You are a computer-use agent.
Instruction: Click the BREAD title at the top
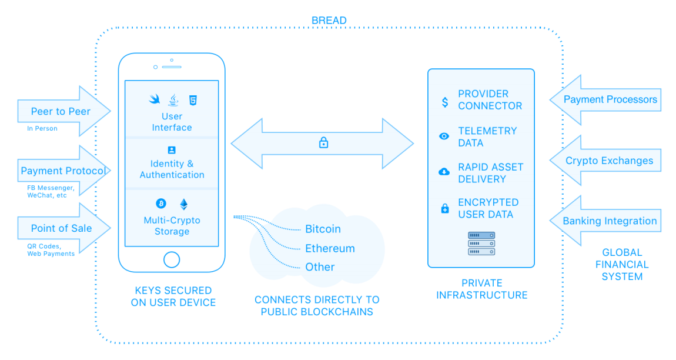(x=329, y=21)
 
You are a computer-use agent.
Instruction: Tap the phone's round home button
(x=172, y=259)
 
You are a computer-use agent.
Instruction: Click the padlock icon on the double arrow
(x=323, y=142)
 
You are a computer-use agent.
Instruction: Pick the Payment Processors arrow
(x=608, y=99)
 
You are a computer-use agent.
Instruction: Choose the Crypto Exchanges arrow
(x=608, y=161)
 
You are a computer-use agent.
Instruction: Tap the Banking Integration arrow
(x=608, y=221)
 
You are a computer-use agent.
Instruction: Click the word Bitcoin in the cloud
(x=323, y=229)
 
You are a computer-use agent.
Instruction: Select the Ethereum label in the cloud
(x=330, y=248)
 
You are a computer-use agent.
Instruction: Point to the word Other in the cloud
(x=320, y=267)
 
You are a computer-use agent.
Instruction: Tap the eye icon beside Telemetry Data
(x=444, y=136)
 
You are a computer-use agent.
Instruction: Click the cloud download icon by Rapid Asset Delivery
(x=444, y=172)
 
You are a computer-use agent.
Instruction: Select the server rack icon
(x=481, y=243)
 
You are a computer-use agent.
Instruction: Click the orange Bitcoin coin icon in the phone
(x=161, y=204)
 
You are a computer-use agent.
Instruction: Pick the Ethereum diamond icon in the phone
(x=184, y=204)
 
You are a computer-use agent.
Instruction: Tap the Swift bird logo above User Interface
(x=155, y=99)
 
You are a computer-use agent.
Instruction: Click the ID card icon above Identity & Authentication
(x=172, y=150)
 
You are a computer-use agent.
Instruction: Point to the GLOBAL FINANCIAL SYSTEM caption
(x=622, y=265)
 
